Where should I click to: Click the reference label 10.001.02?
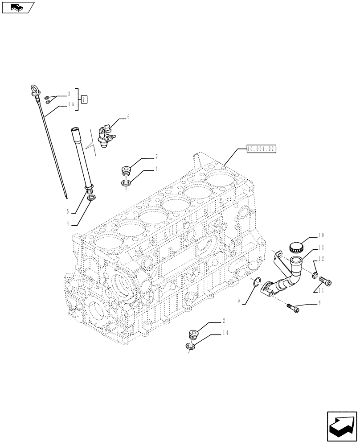[x=261, y=149]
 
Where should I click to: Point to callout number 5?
[x=68, y=211]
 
